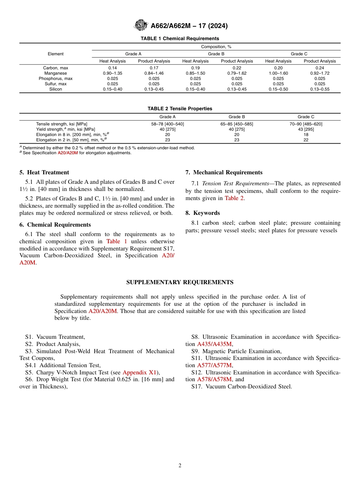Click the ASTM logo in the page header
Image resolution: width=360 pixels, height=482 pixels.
141,25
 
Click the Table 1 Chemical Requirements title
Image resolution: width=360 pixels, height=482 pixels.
180,39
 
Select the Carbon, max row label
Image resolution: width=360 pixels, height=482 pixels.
56,68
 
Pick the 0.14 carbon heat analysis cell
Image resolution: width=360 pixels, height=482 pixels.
112,68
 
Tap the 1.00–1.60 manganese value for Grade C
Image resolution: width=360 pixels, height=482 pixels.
278,73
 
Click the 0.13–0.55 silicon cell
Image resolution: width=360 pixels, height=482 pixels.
319,89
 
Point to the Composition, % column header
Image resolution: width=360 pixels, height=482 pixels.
216,47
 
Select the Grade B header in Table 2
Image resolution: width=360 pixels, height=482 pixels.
237,117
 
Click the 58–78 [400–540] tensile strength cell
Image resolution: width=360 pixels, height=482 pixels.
167,124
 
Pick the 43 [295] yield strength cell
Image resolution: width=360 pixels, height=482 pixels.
306,129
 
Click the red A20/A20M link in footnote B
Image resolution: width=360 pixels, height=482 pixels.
67,153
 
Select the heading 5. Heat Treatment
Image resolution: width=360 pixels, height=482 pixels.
44,172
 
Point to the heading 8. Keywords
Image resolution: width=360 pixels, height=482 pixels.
202,213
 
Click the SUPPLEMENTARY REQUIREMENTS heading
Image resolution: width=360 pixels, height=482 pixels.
180,282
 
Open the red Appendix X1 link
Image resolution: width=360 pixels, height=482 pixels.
139,372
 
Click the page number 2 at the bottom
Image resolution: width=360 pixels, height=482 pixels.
180,466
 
